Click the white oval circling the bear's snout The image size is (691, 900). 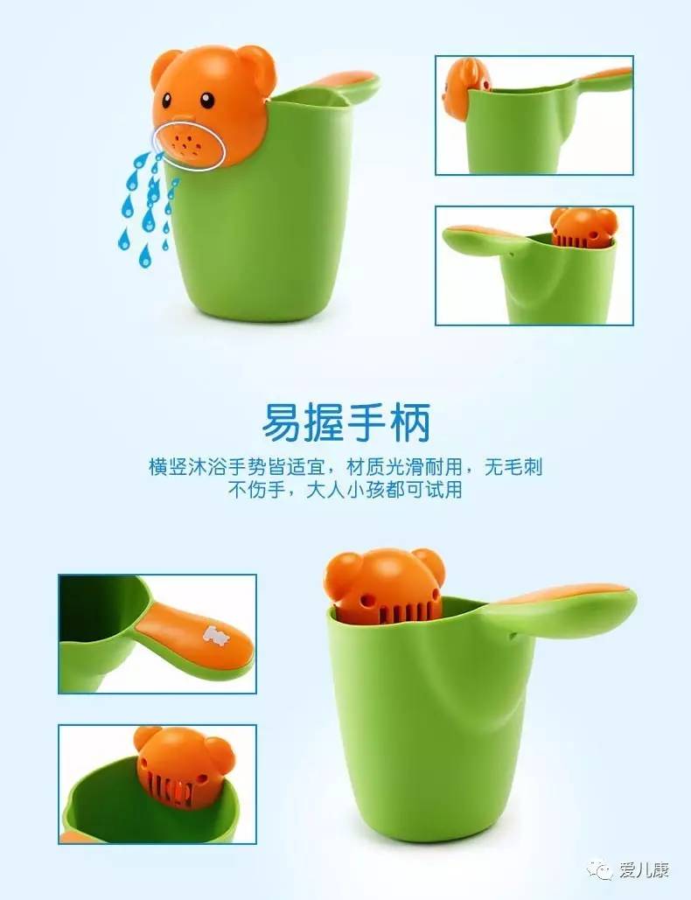pos(188,143)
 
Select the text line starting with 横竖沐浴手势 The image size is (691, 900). pos(345,467)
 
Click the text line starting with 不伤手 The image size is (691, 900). pos(345,490)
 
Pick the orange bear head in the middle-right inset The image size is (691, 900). pos(583,227)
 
